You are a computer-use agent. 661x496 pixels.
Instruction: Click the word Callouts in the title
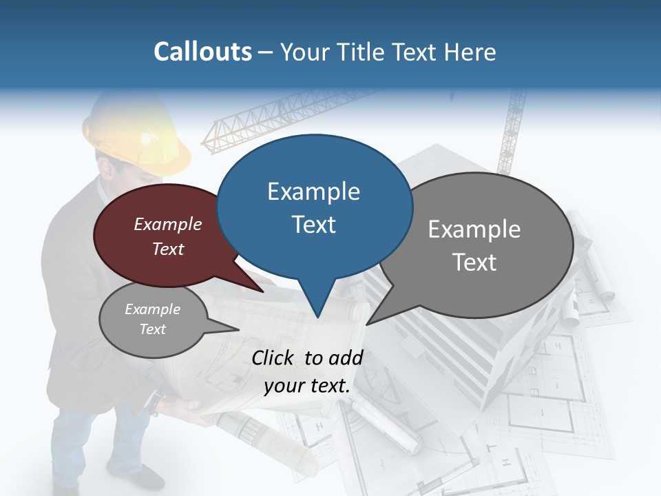pos(202,52)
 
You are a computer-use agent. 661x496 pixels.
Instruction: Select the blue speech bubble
pos(314,207)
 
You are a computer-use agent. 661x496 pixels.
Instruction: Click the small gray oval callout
pos(153,320)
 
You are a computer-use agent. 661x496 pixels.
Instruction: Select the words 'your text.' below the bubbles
pos(307,386)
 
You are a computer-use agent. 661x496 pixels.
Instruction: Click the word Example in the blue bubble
pos(313,191)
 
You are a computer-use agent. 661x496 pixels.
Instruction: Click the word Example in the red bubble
pos(168,225)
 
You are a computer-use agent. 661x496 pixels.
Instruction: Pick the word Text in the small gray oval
pos(153,329)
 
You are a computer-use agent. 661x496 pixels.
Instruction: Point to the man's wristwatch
pos(158,401)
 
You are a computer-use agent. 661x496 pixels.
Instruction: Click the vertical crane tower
pos(513,131)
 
